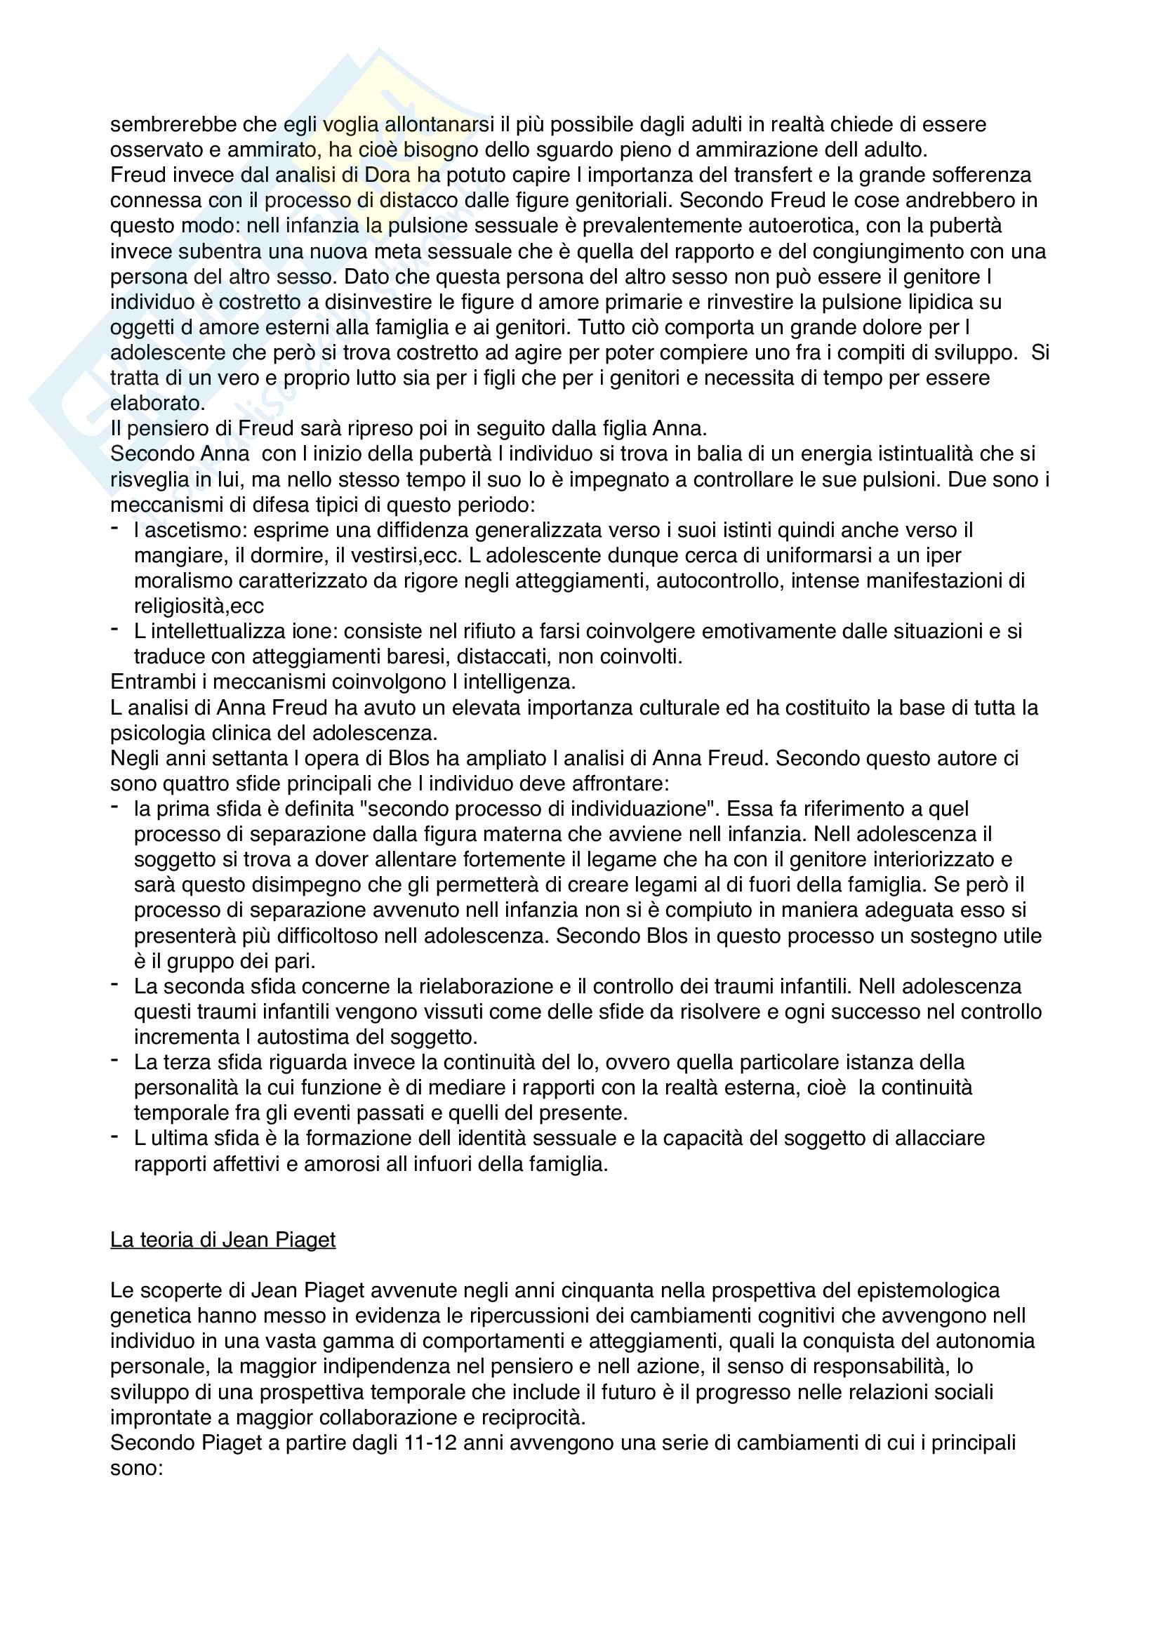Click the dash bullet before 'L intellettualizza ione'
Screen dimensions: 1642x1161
click(x=114, y=628)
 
